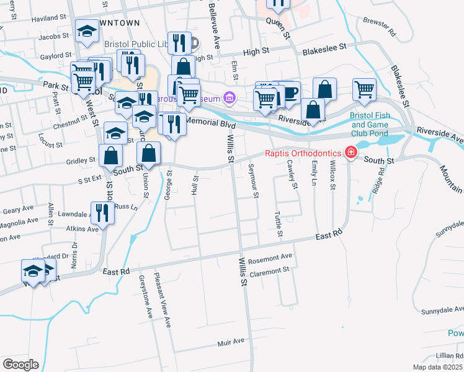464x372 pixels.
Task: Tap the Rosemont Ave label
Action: coord(270,257)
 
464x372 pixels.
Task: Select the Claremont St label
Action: coord(269,270)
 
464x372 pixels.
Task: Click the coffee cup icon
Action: coord(290,93)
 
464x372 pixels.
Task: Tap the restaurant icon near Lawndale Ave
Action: coord(102,213)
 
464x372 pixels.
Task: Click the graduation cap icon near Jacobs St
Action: coord(87,30)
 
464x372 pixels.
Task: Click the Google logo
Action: coord(20,364)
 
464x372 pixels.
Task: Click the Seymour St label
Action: coord(253,180)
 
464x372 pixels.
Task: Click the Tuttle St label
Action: coord(279,224)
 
